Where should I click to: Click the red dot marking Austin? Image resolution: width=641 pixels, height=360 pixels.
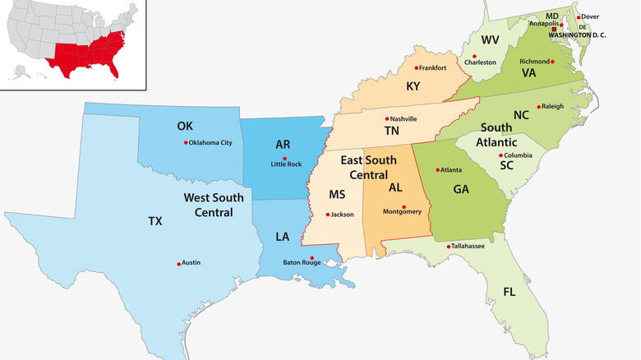(178, 264)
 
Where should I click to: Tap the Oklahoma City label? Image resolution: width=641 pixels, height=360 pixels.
(210, 143)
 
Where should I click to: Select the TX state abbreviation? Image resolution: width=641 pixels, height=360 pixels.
(155, 221)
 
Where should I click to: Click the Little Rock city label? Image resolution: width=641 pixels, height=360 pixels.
(286, 164)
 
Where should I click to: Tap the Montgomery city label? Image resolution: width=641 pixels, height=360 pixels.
(402, 212)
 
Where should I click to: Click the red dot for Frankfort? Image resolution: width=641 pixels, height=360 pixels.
(417, 68)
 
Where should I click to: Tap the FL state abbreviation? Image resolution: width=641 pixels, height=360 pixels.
(510, 292)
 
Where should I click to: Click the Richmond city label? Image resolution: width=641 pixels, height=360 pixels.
(534, 61)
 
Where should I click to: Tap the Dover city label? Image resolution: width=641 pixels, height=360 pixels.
(590, 16)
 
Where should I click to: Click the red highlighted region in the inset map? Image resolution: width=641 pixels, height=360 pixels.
(86, 53)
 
